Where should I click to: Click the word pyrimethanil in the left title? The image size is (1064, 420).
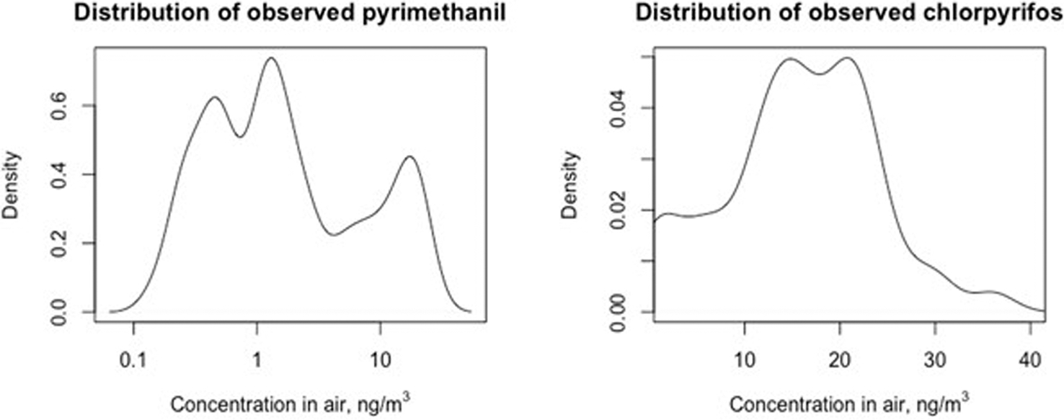coord(425,15)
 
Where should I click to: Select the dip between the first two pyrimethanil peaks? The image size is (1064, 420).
coord(240,136)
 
